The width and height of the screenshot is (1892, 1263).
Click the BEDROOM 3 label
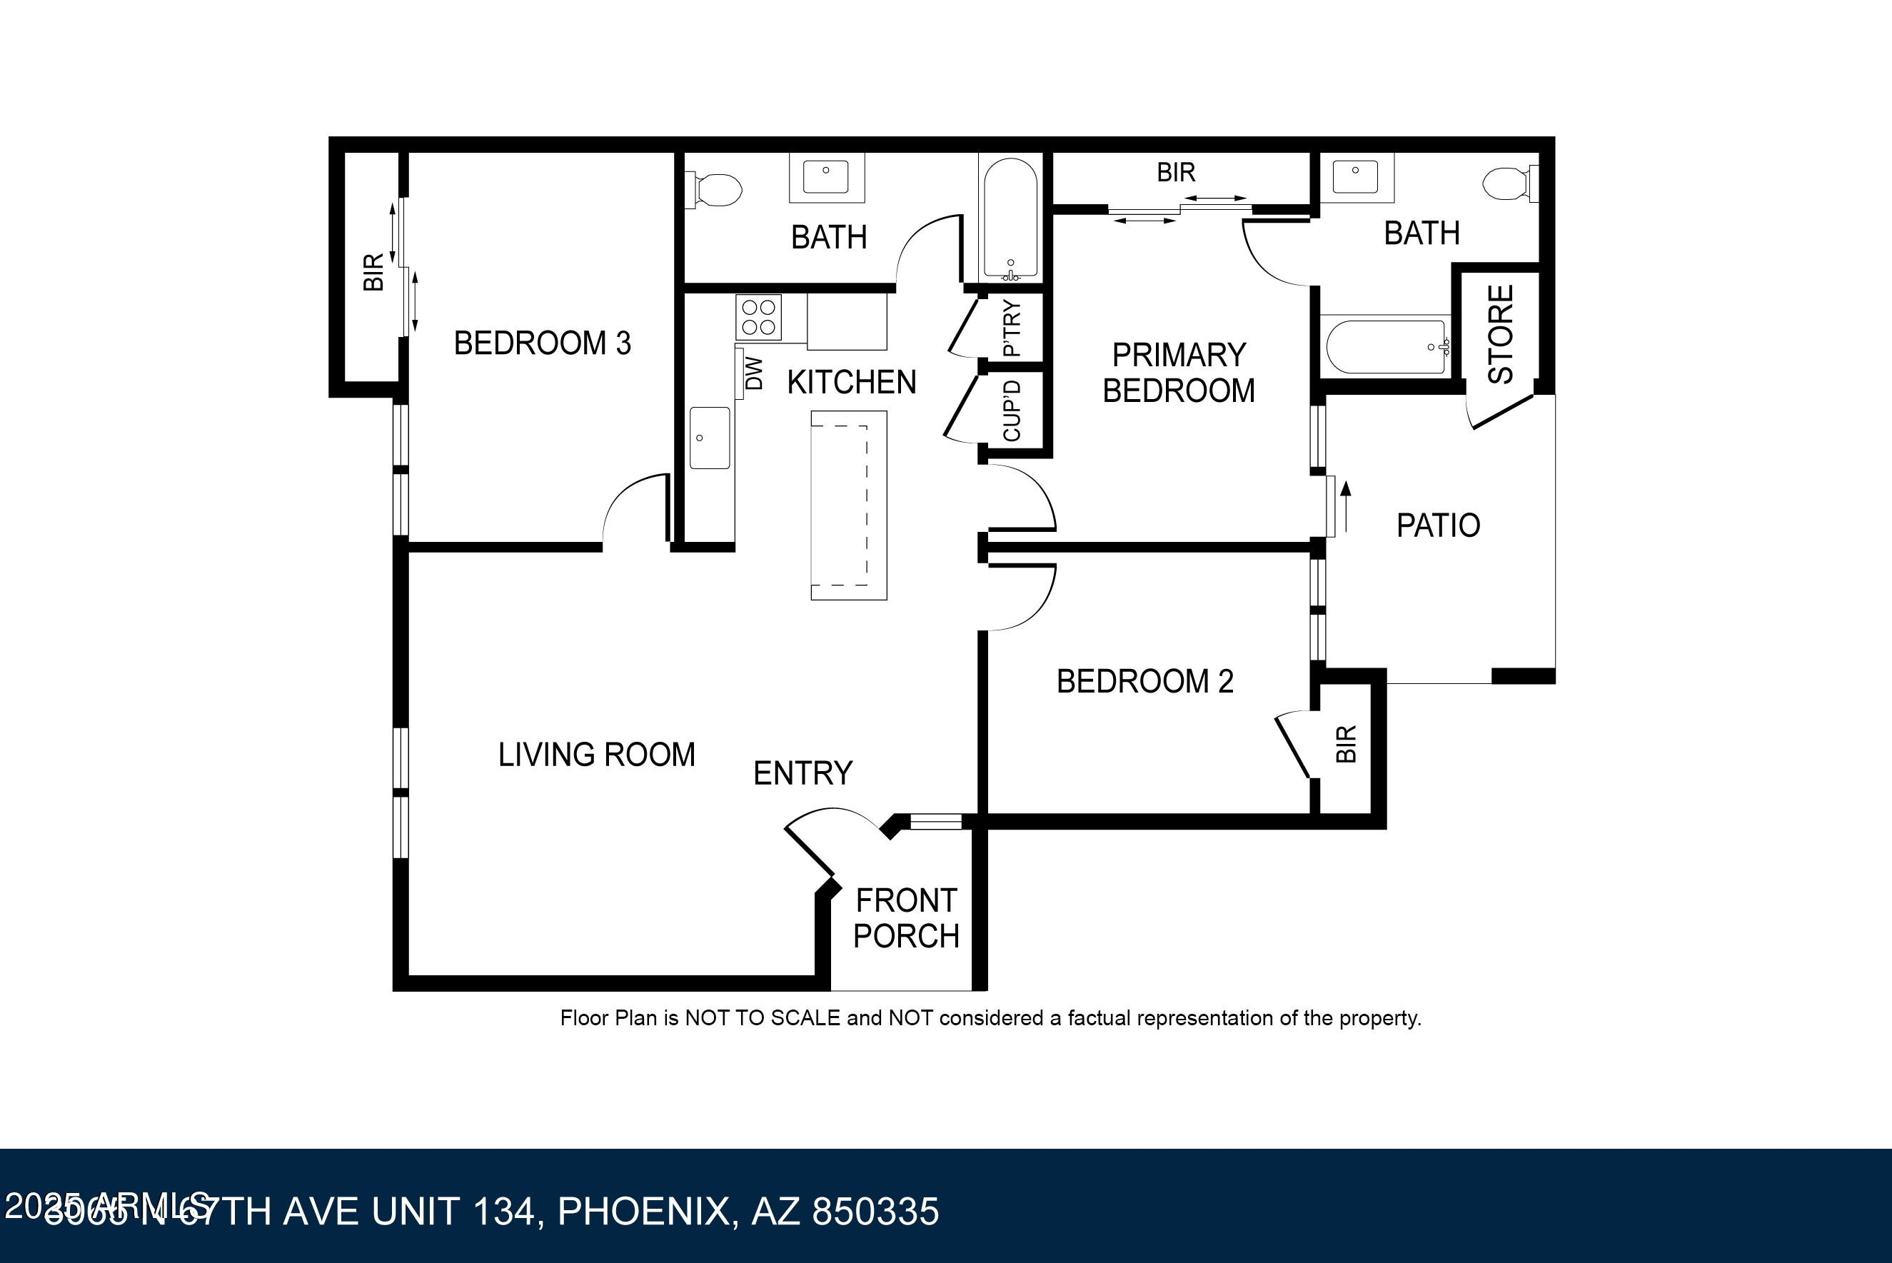pyautogui.click(x=542, y=343)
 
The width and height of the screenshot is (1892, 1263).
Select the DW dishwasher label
pyautogui.click(x=754, y=373)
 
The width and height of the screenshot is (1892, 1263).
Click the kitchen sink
pyautogui.click(x=710, y=438)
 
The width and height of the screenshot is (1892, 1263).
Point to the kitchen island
pyautogui.click(x=848, y=505)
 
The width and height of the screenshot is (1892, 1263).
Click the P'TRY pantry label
pyautogui.click(x=1012, y=328)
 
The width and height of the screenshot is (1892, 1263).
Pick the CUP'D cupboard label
pyautogui.click(x=1012, y=411)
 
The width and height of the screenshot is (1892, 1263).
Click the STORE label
pyautogui.click(x=1501, y=334)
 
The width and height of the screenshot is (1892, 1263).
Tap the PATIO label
pyautogui.click(x=1438, y=525)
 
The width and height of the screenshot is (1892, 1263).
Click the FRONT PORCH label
pyautogui.click(x=905, y=918)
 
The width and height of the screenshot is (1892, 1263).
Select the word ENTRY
pyautogui.click(x=802, y=773)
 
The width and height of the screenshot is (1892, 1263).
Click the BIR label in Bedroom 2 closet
pyautogui.click(x=1346, y=743)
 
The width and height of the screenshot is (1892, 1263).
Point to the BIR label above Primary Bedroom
pyautogui.click(x=1175, y=172)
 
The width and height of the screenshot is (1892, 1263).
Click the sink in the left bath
pyautogui.click(x=825, y=177)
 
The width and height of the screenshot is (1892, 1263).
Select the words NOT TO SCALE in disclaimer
pyautogui.click(x=762, y=1018)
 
